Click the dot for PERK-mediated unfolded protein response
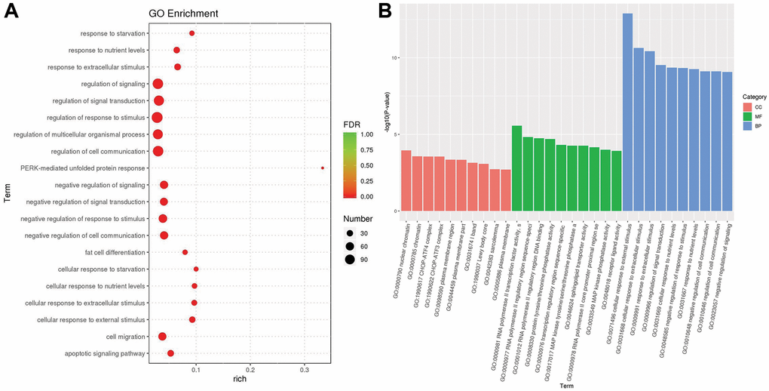pyautogui.click(x=322, y=168)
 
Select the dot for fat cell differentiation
pyautogui.click(x=185, y=252)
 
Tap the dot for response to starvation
pyautogui.click(x=191, y=33)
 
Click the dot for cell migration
pyautogui.click(x=162, y=337)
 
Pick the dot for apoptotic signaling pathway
pyautogui.click(x=170, y=353)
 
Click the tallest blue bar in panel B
pyautogui.click(x=627, y=112)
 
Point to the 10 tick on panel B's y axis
pyautogui.click(x=393, y=58)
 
